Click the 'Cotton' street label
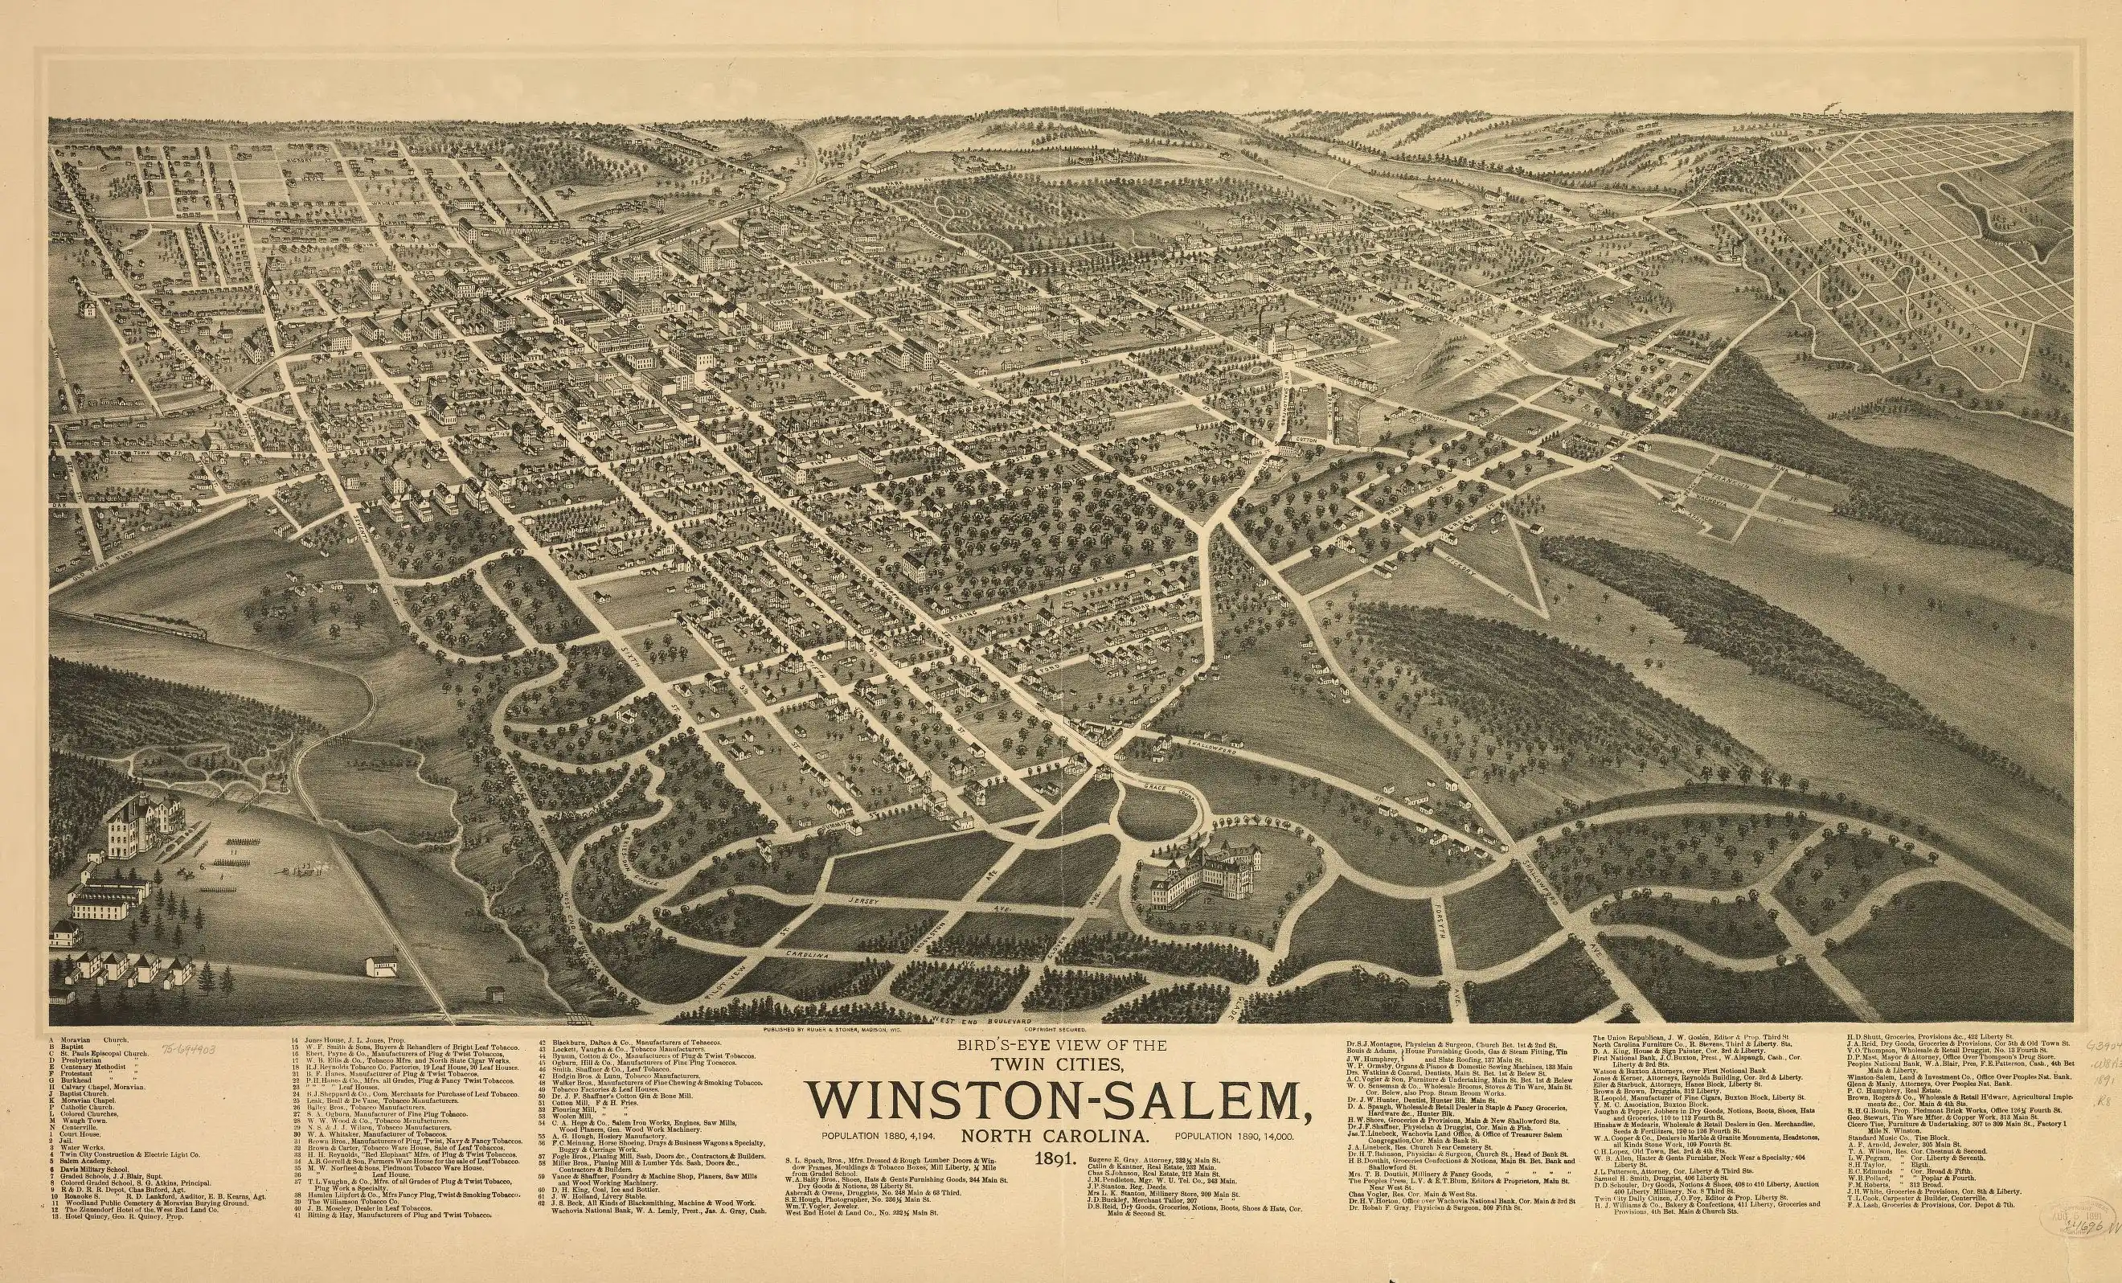tap(1307, 440)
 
